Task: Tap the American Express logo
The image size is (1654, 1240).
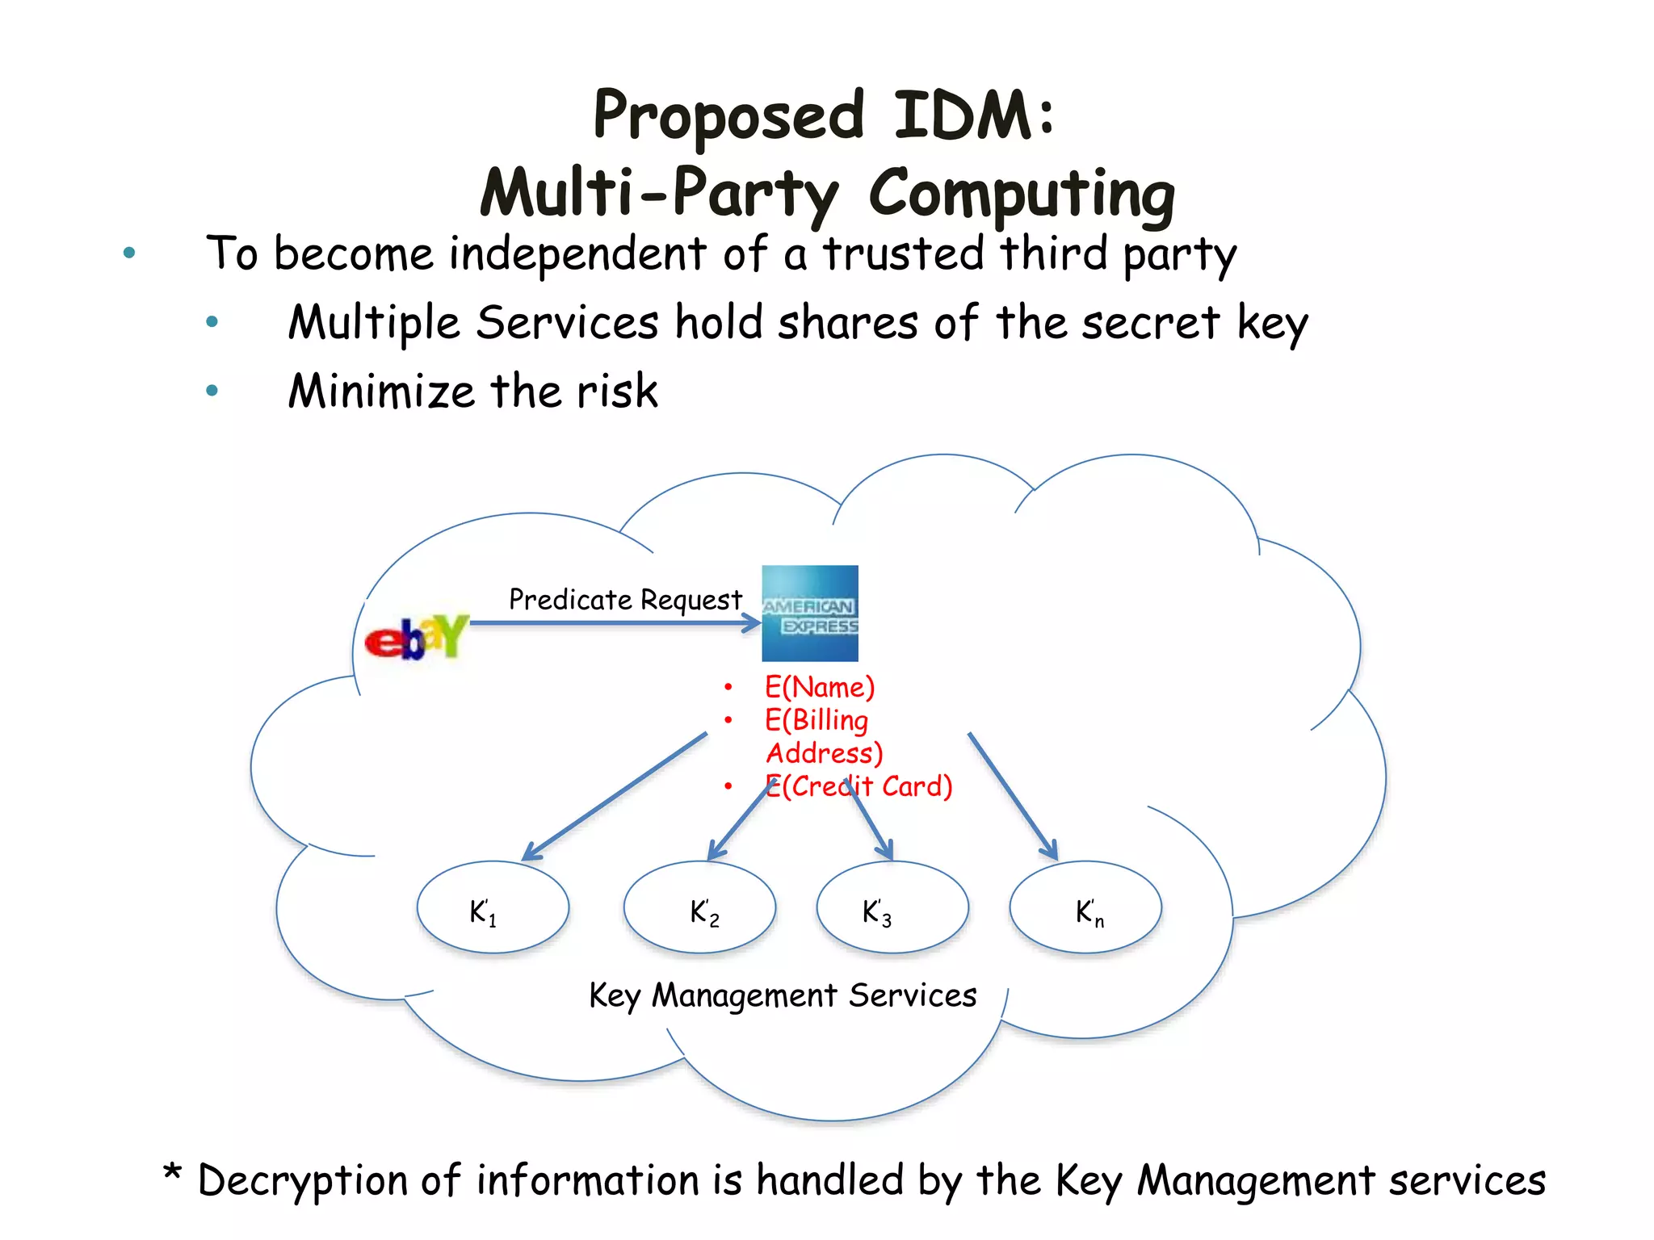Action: tap(810, 614)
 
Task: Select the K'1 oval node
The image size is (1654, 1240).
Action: tap(493, 907)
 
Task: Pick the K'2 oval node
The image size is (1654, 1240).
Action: tap(699, 907)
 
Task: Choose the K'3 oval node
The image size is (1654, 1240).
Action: tap(892, 907)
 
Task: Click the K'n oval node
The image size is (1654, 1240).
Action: tap(1085, 907)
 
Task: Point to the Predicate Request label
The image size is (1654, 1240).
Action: tap(625, 600)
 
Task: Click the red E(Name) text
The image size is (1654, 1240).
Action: tap(820, 687)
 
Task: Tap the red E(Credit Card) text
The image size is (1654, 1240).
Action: tap(859, 786)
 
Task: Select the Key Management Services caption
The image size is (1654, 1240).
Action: tap(783, 995)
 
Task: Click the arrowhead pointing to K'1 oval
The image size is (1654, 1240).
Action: tap(531, 852)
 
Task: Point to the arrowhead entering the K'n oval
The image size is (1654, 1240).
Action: tap(1050, 851)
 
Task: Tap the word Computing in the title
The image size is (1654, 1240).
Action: tap(1021, 194)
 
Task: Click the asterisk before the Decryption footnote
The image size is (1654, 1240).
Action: tap(172, 1172)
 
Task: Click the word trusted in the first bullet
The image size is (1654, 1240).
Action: tap(903, 253)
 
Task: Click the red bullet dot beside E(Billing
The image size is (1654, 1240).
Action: tap(728, 720)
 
